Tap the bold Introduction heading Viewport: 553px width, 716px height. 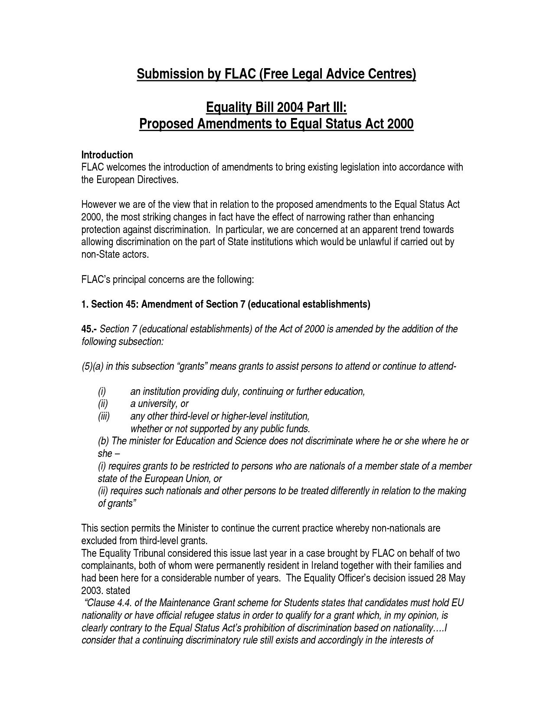coord(107,155)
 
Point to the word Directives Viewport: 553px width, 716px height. coord(158,180)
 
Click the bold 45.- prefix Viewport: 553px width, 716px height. coord(89,329)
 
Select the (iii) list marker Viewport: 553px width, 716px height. coord(104,417)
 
